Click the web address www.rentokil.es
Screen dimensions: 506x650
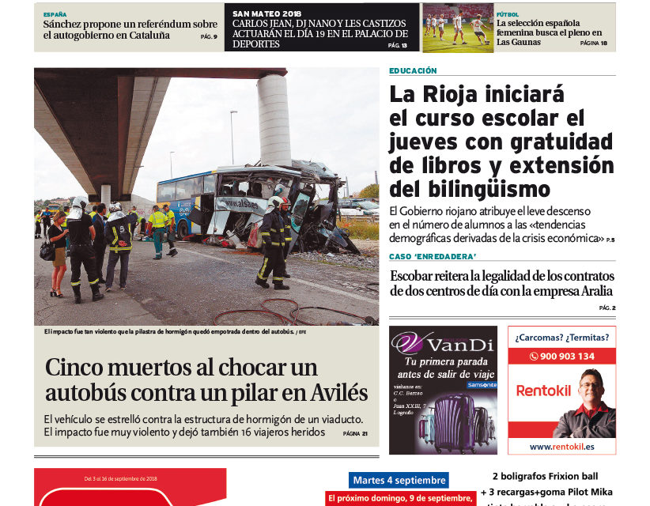tap(561, 447)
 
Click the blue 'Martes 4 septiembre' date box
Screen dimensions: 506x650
tap(399, 480)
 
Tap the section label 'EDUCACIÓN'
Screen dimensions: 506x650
tap(413, 71)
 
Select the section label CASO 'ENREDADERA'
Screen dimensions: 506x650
tap(432, 257)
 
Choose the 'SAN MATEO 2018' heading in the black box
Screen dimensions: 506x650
tap(266, 13)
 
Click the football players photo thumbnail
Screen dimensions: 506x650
tap(457, 28)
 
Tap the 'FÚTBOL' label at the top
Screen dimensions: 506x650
tap(508, 14)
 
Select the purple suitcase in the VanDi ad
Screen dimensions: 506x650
tap(453, 423)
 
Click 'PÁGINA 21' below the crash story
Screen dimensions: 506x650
tap(355, 433)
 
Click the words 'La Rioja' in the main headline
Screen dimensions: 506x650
tap(436, 95)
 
